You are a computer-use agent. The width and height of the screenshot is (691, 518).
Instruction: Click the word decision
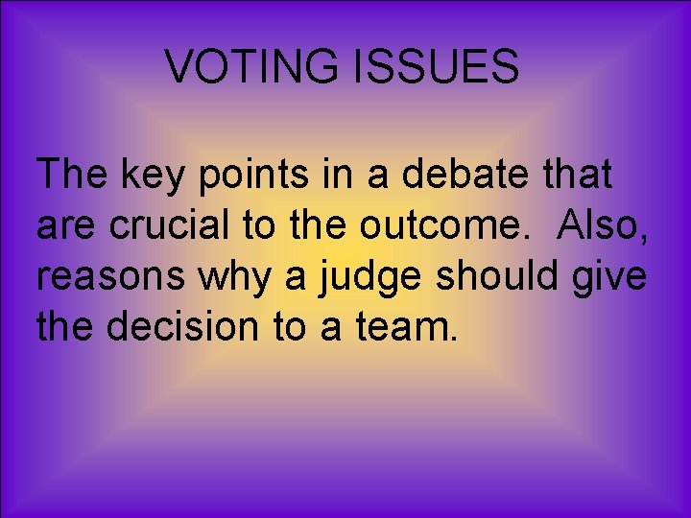click(x=189, y=327)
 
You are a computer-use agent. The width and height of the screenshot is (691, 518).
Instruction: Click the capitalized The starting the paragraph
click(x=72, y=176)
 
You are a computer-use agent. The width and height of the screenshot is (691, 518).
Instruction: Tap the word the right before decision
click(x=66, y=327)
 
